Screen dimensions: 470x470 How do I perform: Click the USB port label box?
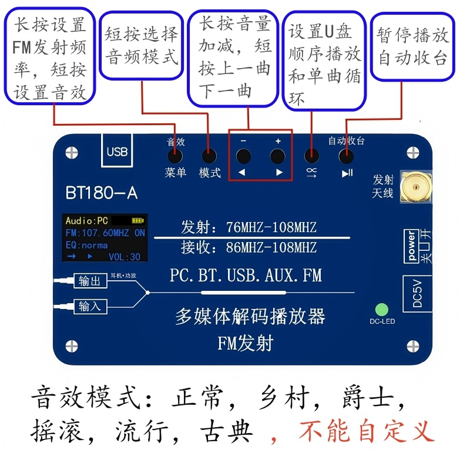click(117, 151)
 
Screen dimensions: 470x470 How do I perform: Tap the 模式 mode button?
click(209, 157)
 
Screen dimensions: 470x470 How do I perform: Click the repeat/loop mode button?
click(311, 157)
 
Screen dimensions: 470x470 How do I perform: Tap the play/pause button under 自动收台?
click(346, 157)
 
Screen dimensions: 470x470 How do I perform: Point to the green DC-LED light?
click(382, 309)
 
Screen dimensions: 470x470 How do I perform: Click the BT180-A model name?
click(102, 193)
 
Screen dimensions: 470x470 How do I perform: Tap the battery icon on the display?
click(137, 221)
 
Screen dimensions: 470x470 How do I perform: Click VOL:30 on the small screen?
click(125, 257)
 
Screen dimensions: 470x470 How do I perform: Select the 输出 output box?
click(89, 281)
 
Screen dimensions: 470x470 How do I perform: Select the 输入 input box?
click(89, 306)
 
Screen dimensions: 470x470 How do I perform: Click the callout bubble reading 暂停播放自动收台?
click(413, 46)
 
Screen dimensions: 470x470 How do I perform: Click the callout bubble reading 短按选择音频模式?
click(142, 45)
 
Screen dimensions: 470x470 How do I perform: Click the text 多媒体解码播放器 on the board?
click(250, 317)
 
